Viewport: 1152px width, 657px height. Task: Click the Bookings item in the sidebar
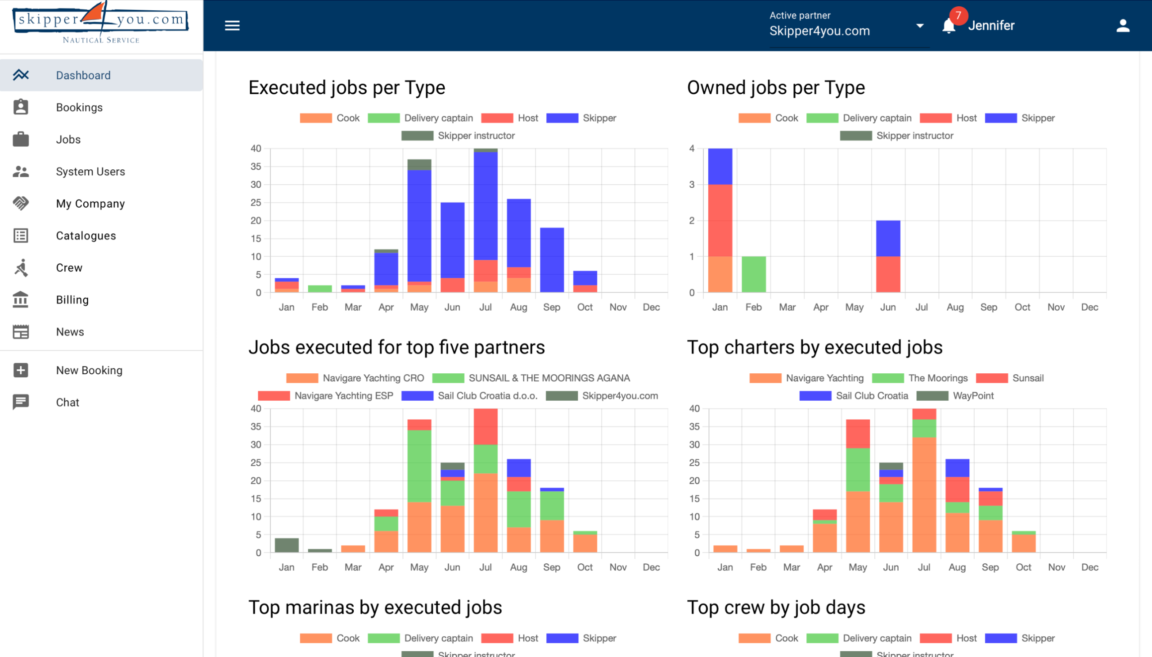click(79, 107)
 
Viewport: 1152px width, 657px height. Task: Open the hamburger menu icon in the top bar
click(232, 26)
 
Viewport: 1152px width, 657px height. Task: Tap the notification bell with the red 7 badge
click(949, 26)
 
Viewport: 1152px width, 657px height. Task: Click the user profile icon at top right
click(1123, 26)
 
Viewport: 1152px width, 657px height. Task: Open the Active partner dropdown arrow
click(920, 26)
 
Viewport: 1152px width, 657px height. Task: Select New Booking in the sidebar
click(89, 371)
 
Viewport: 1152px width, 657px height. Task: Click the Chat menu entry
click(67, 403)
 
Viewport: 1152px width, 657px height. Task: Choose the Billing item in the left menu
click(72, 300)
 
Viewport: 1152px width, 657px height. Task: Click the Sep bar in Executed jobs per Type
click(552, 260)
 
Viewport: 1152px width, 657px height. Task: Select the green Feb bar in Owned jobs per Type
click(753, 274)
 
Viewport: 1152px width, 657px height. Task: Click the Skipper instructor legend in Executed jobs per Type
click(459, 136)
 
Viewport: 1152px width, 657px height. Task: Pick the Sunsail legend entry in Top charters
click(1010, 378)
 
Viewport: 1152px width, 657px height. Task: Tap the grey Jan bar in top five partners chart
click(287, 545)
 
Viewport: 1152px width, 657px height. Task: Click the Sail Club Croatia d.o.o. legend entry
click(470, 396)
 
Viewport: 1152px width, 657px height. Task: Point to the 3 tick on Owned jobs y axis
click(692, 185)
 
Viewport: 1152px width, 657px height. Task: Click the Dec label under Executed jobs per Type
click(651, 307)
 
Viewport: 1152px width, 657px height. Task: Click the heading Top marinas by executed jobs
click(375, 607)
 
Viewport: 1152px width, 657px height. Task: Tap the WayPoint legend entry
click(955, 396)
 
